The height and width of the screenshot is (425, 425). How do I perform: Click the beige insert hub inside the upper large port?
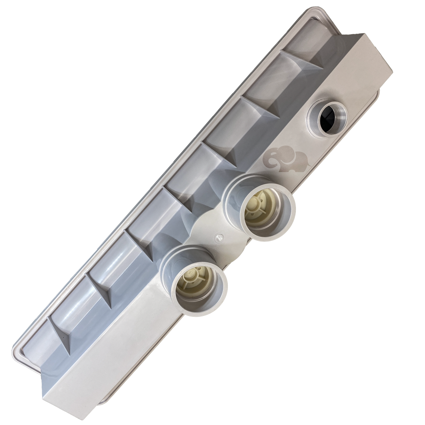tap(258, 207)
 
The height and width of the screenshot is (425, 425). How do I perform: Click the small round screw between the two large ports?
tap(220, 237)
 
